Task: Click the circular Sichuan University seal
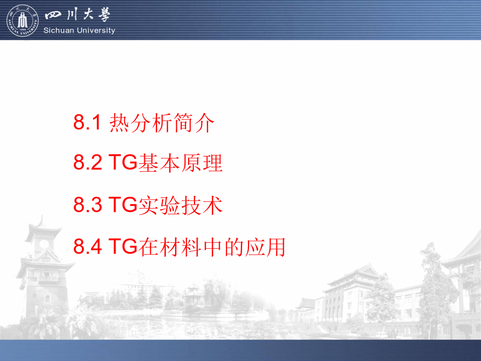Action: coord(22,20)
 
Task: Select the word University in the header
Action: coord(96,30)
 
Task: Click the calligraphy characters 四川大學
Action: coord(77,15)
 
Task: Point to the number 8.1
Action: coord(87,122)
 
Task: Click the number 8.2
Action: coord(88,162)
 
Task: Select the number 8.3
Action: coord(88,204)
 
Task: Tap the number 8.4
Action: coord(88,246)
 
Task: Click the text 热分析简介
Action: coord(161,122)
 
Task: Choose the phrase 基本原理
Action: coord(181,163)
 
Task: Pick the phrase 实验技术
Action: coord(181,205)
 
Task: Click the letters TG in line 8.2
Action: coord(123,162)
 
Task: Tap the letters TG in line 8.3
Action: coord(123,204)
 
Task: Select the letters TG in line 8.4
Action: coord(123,246)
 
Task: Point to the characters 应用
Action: coord(265,247)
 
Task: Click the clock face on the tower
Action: coord(44,244)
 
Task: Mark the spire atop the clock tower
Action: coord(41,219)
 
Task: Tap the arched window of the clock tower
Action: coord(47,298)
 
